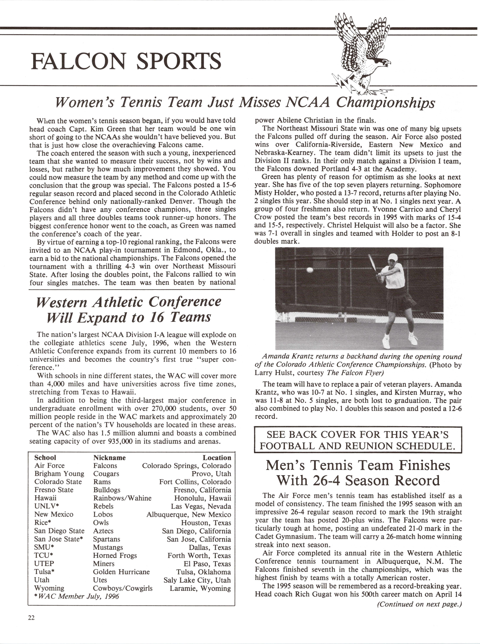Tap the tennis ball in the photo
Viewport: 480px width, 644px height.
coord(310,270)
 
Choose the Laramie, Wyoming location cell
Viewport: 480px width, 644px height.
coord(200,588)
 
